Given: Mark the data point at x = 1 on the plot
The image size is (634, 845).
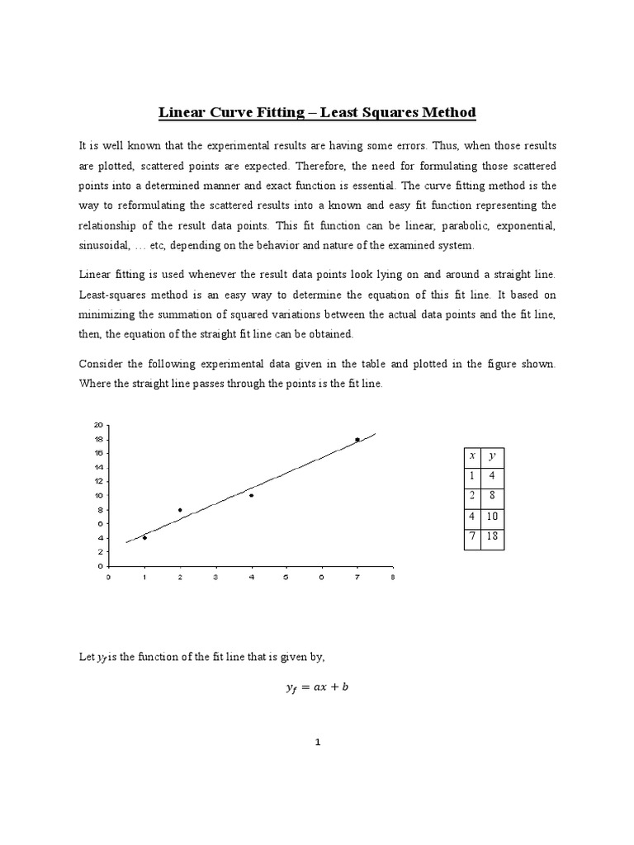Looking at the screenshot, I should point(144,537).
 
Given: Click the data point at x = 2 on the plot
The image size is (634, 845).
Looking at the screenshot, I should point(180,510).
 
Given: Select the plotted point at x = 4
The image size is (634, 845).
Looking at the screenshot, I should point(251,495).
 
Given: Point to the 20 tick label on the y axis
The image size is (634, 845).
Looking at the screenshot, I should point(98,424).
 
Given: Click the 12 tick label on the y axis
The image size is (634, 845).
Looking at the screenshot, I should point(98,481).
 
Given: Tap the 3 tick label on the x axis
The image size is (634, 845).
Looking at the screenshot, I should point(215,578).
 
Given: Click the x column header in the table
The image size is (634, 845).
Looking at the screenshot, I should point(472,456).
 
